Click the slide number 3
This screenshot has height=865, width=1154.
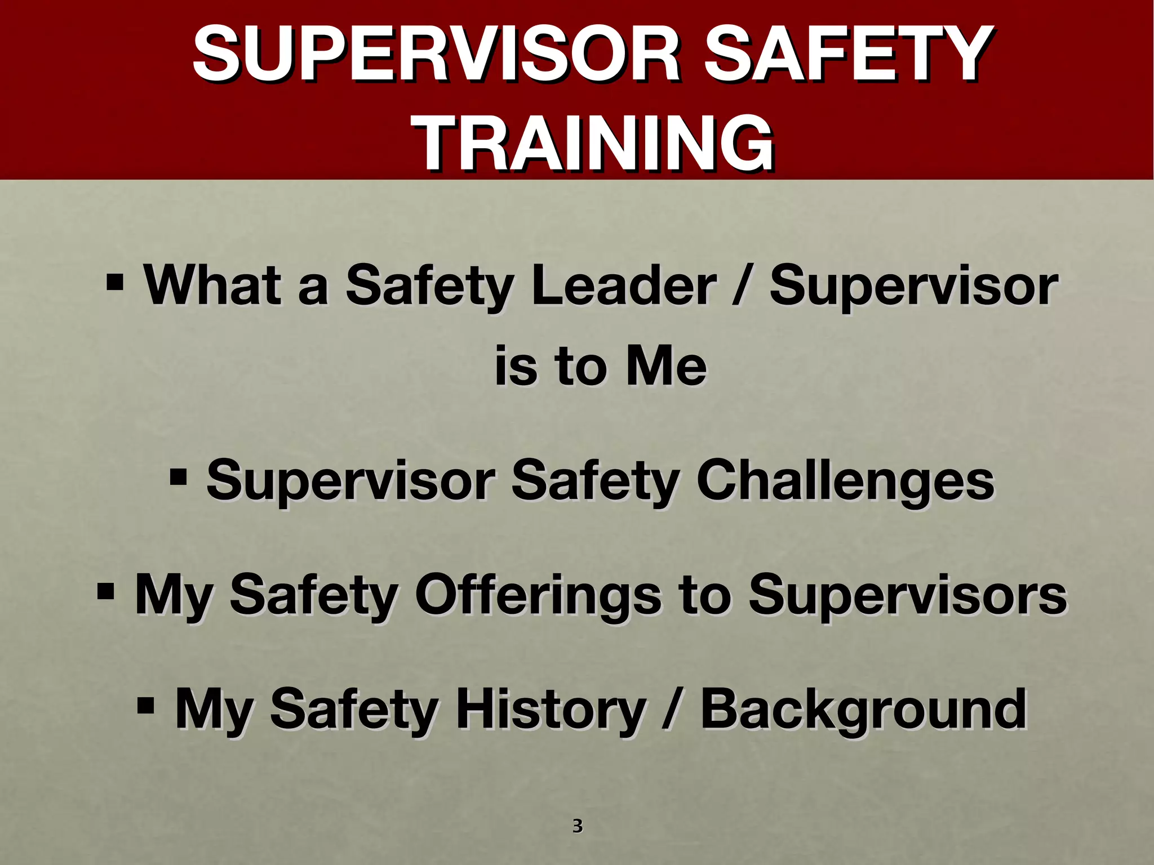coord(577,826)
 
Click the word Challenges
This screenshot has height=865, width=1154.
coord(846,480)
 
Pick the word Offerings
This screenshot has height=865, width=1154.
coord(538,595)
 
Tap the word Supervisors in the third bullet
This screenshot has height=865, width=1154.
coord(907,595)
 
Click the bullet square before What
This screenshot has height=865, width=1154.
coord(114,280)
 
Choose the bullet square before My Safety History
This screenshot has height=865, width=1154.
coord(146,705)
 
